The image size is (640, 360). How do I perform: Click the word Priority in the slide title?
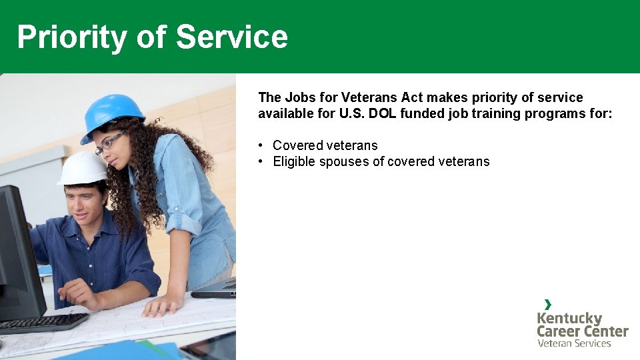click(71, 37)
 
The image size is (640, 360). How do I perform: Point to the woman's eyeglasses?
click(109, 143)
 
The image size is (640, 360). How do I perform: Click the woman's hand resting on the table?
click(160, 306)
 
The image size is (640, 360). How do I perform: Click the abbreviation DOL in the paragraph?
click(383, 113)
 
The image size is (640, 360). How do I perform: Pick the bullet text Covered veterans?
click(325, 145)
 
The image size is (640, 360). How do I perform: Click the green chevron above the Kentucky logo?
click(548, 305)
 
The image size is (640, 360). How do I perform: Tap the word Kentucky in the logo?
click(569, 318)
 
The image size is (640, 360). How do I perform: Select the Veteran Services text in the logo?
click(574, 343)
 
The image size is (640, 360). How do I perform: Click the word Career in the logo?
click(559, 331)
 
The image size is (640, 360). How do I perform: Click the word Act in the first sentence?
click(412, 97)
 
